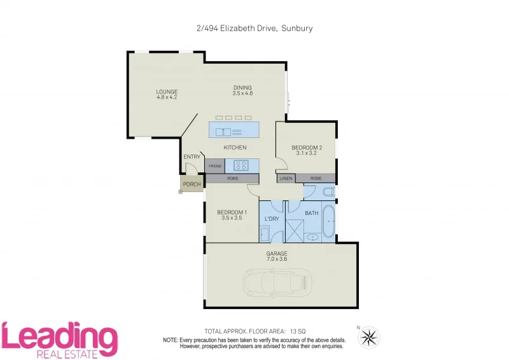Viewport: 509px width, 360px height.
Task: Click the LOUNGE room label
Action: pyautogui.click(x=167, y=92)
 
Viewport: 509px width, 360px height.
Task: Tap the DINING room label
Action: pyautogui.click(x=242, y=88)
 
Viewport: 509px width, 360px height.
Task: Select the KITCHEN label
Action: pyautogui.click(x=235, y=148)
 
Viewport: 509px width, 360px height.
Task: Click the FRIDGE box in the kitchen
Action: pyautogui.click(x=214, y=165)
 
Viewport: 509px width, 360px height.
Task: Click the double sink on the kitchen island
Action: pyautogui.click(x=223, y=132)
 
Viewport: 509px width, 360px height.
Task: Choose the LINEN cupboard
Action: pyautogui.click(x=286, y=179)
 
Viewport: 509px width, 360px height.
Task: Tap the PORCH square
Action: pyautogui.click(x=191, y=184)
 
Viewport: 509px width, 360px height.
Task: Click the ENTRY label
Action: pyautogui.click(x=192, y=157)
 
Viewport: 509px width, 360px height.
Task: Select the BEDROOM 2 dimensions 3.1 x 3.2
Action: pyautogui.click(x=306, y=153)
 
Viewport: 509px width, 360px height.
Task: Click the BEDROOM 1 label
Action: pyautogui.click(x=232, y=212)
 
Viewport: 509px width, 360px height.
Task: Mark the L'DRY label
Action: pyautogui.click(x=272, y=219)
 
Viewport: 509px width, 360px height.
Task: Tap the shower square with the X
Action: pyautogui.click(x=295, y=230)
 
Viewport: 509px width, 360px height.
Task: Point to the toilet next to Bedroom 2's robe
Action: pyautogui.click(x=327, y=191)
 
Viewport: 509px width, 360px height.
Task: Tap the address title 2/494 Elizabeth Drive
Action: pyautogui.click(x=254, y=28)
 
